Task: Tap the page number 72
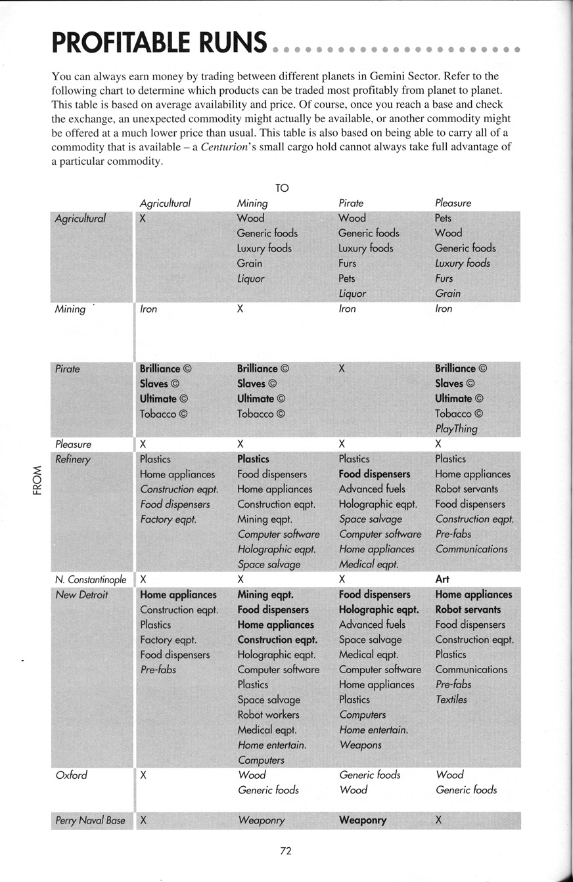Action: click(285, 851)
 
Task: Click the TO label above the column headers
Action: click(282, 188)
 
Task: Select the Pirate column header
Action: click(351, 204)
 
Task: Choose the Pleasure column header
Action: click(453, 204)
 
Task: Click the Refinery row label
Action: click(72, 459)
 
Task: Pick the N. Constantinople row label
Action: click(91, 580)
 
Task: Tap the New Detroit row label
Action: click(81, 595)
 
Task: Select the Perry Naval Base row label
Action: click(90, 820)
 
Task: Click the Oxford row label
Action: click(71, 775)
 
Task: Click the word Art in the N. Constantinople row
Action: click(442, 580)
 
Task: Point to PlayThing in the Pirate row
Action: click(456, 429)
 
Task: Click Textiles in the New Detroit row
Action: click(451, 699)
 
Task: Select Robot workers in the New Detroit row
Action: click(268, 715)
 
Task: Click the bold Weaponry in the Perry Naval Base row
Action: click(363, 820)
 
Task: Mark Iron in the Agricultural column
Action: click(149, 309)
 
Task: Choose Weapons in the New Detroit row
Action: click(360, 745)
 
